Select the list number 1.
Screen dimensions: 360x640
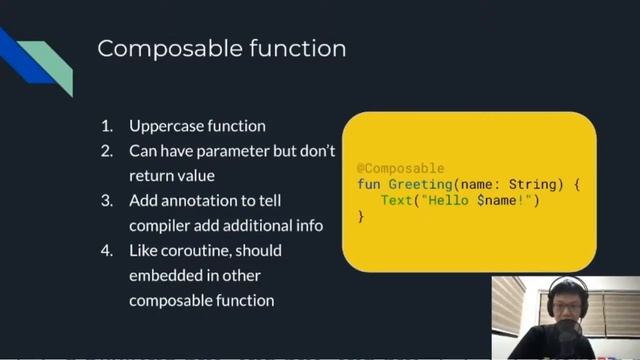coord(105,127)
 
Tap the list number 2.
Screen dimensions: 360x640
coord(106,152)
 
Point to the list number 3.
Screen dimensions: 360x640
coord(106,201)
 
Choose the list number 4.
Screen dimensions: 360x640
coord(106,250)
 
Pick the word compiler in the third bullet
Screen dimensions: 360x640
coord(161,225)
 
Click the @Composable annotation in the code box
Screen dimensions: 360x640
coord(400,168)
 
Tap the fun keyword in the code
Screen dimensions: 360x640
coord(368,185)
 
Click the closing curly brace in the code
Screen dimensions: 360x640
coord(361,217)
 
